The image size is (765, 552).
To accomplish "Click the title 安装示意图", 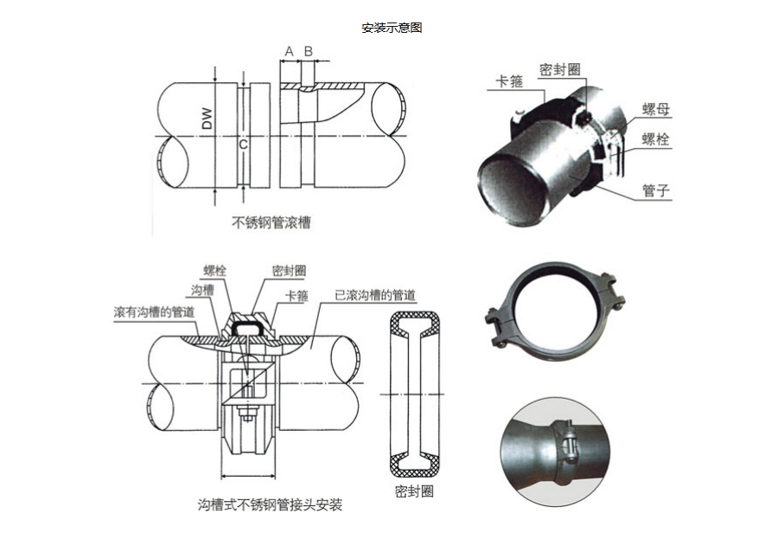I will [392, 28].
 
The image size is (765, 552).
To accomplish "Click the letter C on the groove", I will [243, 144].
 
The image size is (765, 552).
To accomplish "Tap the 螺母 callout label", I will [656, 109].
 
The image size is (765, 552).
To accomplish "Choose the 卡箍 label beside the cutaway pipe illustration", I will [509, 82].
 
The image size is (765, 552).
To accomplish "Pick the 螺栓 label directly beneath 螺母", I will [656, 138].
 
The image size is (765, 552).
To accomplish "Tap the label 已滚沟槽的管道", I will [375, 295].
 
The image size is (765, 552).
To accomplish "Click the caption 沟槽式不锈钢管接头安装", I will [270, 504].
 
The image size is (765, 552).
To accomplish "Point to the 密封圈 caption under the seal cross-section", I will [415, 490].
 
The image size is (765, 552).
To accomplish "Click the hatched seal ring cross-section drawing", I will [415, 393].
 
